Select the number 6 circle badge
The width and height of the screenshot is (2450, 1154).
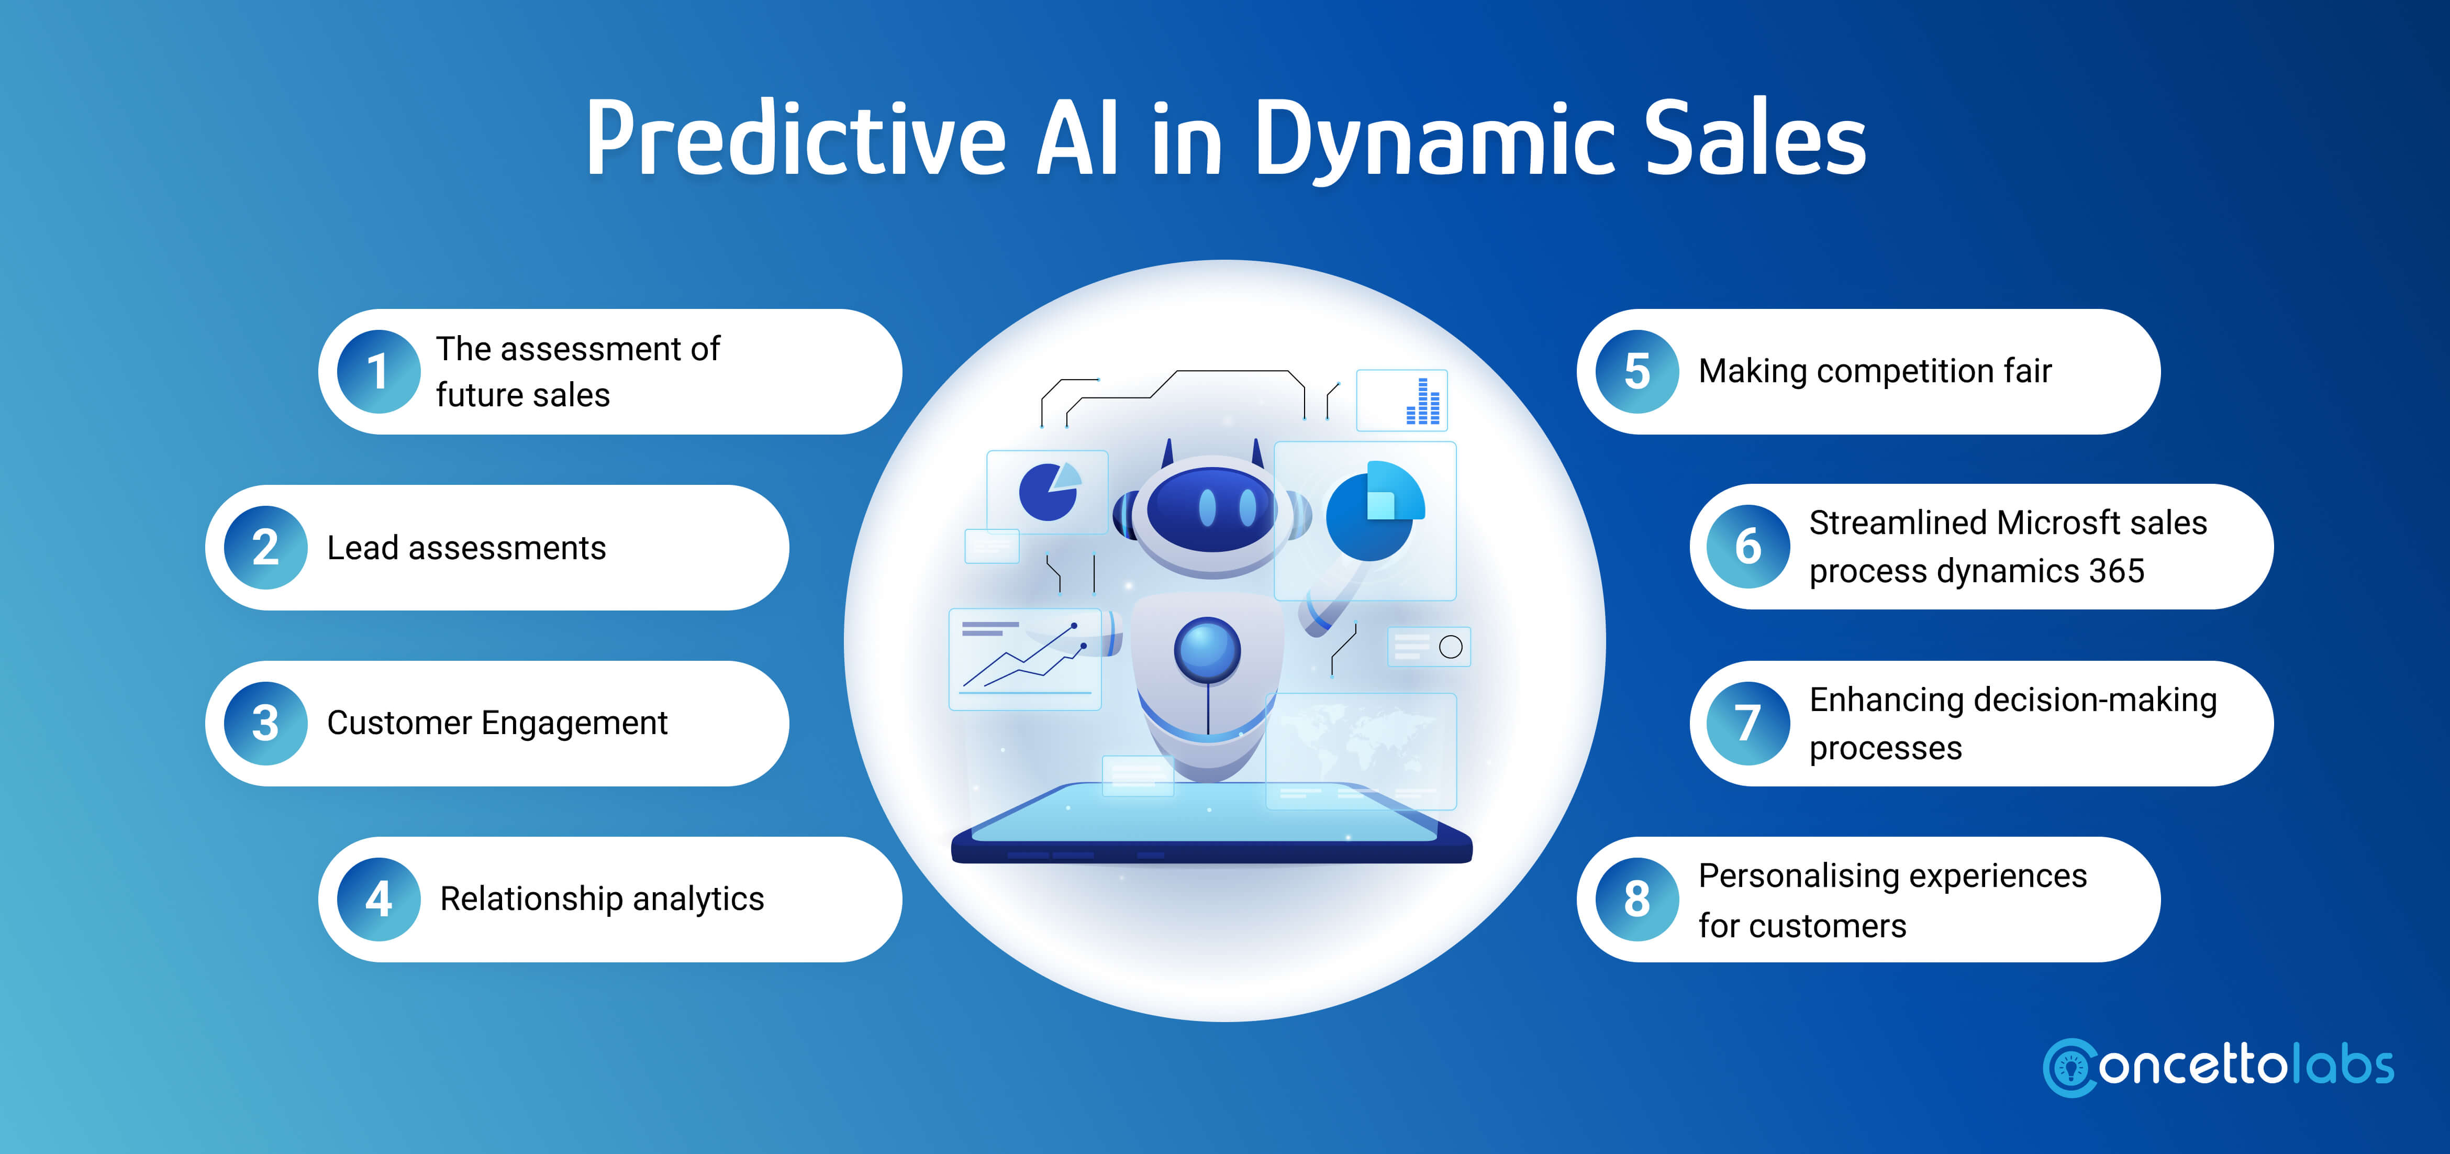pos(1748,546)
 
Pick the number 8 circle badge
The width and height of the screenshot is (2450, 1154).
pos(1637,899)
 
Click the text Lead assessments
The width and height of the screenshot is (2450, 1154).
pos(466,548)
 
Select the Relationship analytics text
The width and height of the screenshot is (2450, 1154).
pos(602,899)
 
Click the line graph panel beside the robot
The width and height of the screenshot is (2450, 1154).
pos(1025,659)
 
